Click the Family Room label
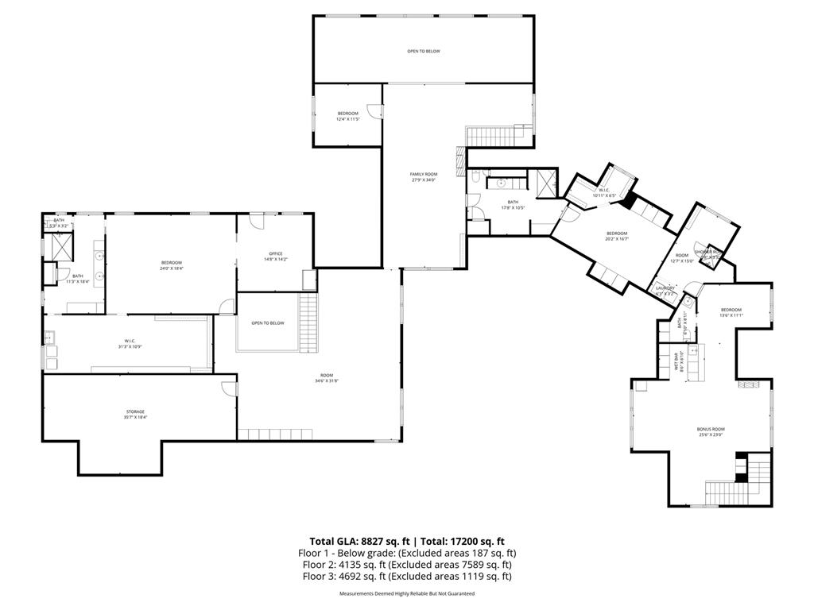[x=424, y=176]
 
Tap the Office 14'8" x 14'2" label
[x=275, y=257]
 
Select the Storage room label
[x=134, y=414]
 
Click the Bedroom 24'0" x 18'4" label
[x=172, y=265]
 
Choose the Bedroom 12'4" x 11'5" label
[x=348, y=116]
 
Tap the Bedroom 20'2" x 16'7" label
[x=617, y=236]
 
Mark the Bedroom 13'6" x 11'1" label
[x=731, y=312]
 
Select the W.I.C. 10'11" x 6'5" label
[x=603, y=192]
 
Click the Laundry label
[x=665, y=290]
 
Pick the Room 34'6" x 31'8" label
[x=327, y=377]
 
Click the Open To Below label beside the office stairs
[x=267, y=323]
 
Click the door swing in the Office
[x=257, y=222]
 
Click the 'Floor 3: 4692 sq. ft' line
[x=406, y=577]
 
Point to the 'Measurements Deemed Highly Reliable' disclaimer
[x=406, y=594]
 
